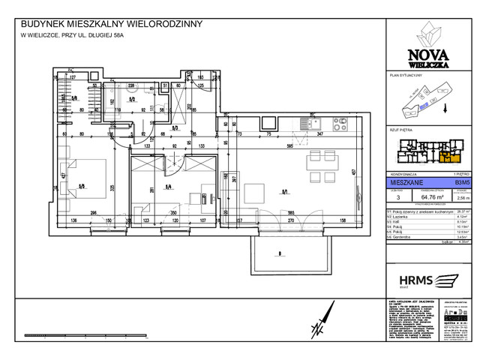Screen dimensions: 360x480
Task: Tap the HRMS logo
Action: click(x=424, y=280)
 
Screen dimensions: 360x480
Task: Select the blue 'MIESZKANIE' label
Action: click(x=406, y=181)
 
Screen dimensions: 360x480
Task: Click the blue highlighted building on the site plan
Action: click(x=424, y=106)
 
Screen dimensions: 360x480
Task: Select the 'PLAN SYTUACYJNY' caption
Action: click(x=406, y=76)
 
